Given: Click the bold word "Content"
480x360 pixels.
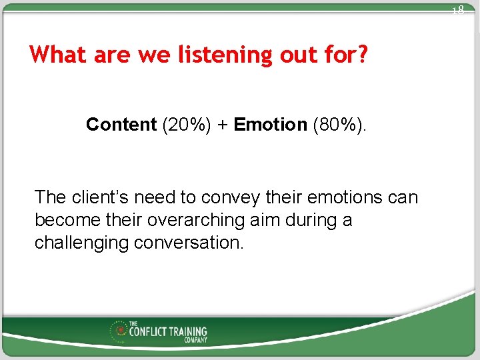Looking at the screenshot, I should [121, 125].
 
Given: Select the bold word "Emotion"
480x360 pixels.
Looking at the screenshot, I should [270, 125].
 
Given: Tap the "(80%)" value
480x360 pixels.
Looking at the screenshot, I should [339, 125].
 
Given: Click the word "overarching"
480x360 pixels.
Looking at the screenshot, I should [215, 220].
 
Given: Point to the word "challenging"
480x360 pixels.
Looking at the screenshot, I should [81, 243].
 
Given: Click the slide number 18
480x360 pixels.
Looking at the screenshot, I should [457, 10].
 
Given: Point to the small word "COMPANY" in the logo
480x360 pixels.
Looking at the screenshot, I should [196, 340].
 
